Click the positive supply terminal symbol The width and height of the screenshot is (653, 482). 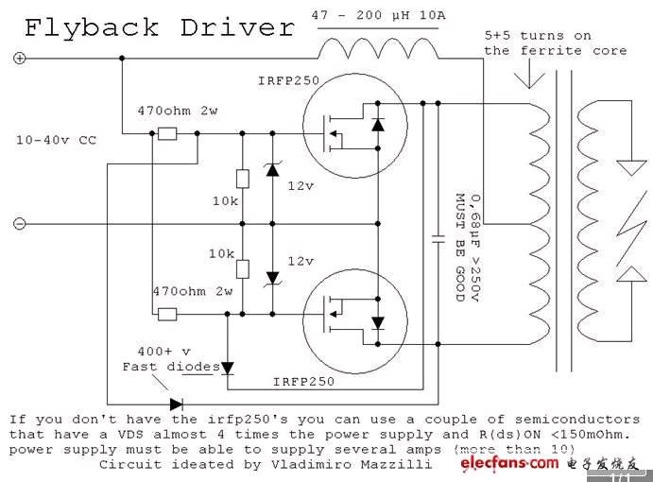point(19,59)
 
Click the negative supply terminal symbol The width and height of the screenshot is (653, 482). point(19,224)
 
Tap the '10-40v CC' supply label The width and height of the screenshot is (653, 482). point(57,140)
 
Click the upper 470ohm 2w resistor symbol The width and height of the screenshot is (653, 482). point(167,134)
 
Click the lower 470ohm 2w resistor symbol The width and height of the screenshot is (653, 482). point(167,314)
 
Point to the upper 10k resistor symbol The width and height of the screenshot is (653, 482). point(243,179)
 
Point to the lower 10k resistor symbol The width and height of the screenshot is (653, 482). point(243,268)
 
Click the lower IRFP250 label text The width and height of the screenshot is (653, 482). point(303,381)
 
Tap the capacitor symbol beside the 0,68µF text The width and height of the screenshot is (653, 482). point(437,238)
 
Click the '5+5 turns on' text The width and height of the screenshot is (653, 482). point(538,35)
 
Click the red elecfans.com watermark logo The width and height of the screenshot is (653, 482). point(510,464)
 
